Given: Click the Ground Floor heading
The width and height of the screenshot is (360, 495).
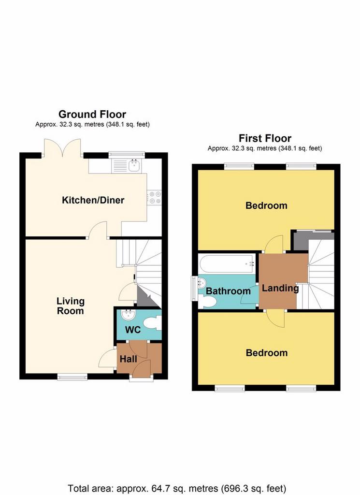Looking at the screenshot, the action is [92, 114].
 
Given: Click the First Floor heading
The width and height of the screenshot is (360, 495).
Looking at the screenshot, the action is [265, 138].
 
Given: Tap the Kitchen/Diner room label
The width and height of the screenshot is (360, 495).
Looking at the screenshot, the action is [93, 200].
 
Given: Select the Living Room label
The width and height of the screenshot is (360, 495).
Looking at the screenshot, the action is [71, 306].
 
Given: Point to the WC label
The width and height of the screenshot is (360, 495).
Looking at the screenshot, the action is [133, 330].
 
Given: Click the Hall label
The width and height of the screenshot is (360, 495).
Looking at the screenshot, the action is [129, 359].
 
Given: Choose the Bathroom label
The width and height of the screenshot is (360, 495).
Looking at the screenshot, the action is [228, 291].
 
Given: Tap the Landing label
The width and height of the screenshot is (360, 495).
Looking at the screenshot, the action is [280, 288].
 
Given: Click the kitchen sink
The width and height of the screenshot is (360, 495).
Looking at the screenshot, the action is [135, 165].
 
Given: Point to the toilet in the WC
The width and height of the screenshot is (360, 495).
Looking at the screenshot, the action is [152, 323].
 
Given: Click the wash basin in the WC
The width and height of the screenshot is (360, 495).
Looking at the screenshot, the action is [129, 314].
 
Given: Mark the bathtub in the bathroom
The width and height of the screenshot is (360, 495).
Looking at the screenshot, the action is [227, 263].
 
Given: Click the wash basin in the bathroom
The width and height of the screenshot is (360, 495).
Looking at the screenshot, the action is [202, 283].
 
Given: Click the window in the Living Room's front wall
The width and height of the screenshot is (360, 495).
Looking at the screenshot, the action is [72, 377].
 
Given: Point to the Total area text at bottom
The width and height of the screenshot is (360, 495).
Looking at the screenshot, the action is [177, 488].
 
